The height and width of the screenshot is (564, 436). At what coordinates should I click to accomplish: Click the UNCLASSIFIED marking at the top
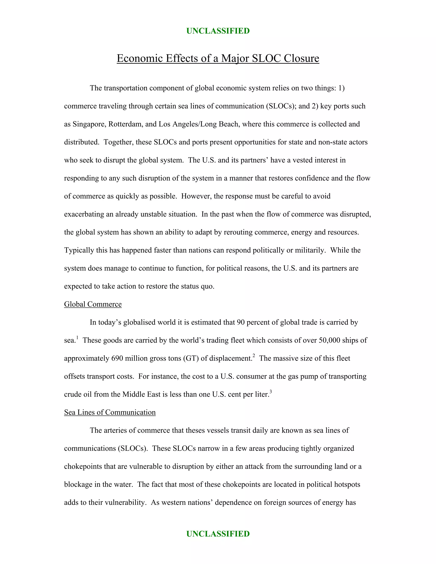click(x=218, y=31)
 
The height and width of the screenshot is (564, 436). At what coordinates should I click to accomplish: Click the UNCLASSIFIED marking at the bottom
click(x=218, y=534)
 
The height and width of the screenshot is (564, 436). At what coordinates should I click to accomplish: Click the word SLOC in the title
click(x=266, y=58)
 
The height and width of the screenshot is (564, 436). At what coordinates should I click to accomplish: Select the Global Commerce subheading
click(x=93, y=304)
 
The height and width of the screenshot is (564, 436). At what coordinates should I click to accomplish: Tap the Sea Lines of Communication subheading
click(x=110, y=412)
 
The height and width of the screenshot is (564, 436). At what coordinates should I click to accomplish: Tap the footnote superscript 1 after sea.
click(x=77, y=338)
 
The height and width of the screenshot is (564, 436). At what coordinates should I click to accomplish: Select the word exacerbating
click(x=84, y=214)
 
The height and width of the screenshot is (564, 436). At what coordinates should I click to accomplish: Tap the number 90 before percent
click(x=241, y=322)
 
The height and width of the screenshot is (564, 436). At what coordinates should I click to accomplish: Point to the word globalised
click(x=139, y=322)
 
